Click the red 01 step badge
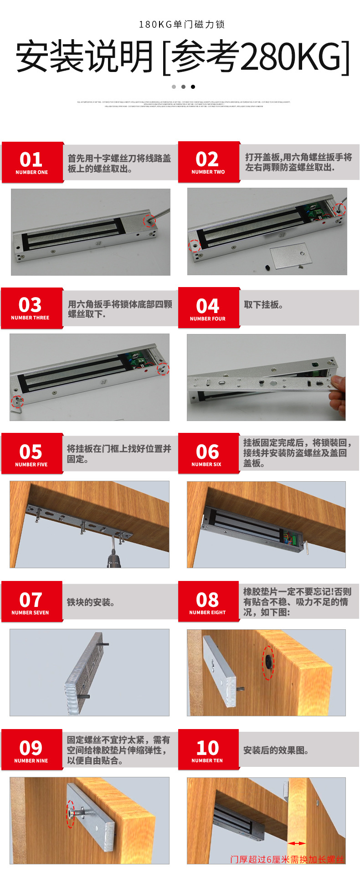pyautogui.click(x=32, y=162)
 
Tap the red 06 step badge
pyautogui.click(x=208, y=453)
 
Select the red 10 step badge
pyautogui.click(x=208, y=750)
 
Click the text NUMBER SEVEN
pyautogui.click(x=30, y=613)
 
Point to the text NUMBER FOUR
pyautogui.click(x=208, y=319)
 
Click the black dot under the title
pyautogui.click(x=193, y=87)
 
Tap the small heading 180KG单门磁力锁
pyautogui.click(x=182, y=25)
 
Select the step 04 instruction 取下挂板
pyautogui.click(x=263, y=305)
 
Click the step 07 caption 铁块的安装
pyautogui.click(x=91, y=602)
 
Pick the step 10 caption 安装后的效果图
pyautogui.click(x=276, y=750)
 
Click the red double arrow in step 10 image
pyautogui.click(x=297, y=843)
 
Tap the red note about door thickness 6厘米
pyautogui.click(x=287, y=859)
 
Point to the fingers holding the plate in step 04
pyautogui.click(x=337, y=393)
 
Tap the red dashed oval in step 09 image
pyautogui.click(x=71, y=813)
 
